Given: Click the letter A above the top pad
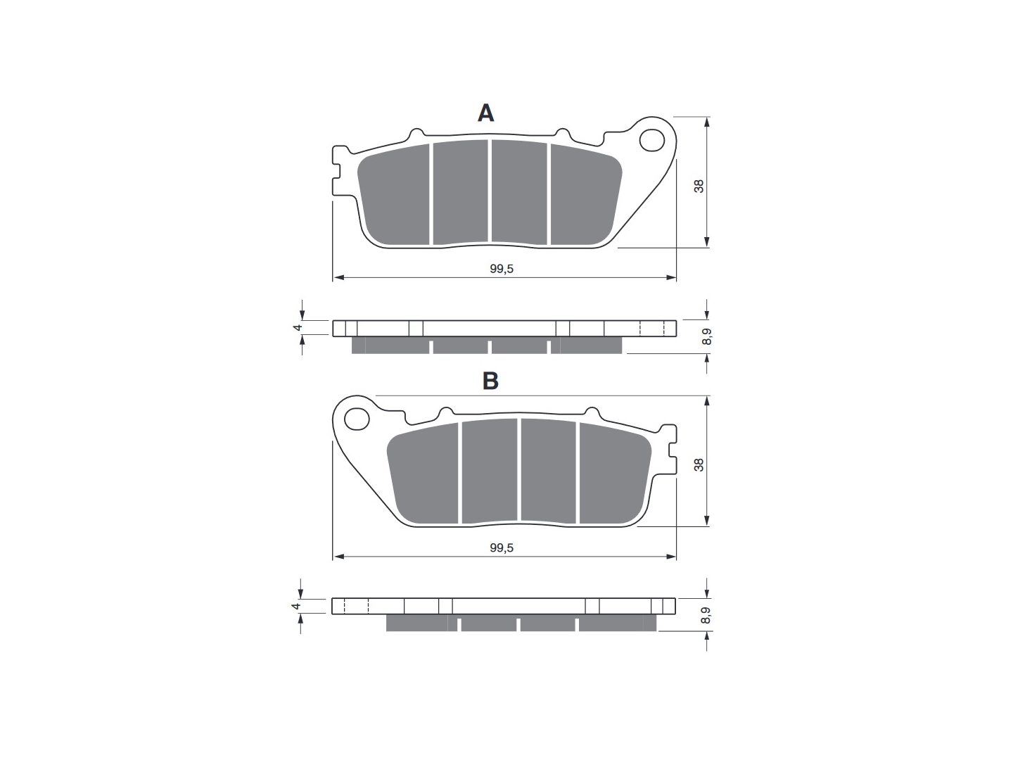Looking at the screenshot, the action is (485, 113).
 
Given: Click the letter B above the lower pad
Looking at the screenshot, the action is (490, 381).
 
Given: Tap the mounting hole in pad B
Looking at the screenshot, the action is (357, 419).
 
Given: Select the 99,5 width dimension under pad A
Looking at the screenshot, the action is (502, 269).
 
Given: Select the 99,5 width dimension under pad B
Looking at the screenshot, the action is (502, 547).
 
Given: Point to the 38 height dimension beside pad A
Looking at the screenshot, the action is (699, 186).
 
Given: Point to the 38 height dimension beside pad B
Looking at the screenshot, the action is (699, 464).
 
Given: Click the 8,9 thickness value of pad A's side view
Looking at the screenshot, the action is (706, 336).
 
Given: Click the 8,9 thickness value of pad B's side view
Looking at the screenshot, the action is (706, 616).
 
